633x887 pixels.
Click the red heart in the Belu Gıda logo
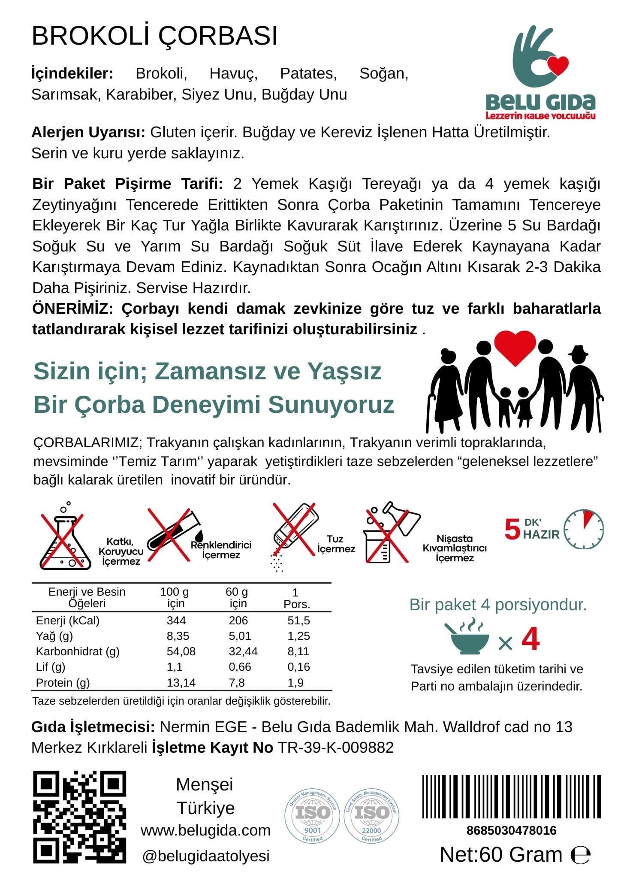(557, 65)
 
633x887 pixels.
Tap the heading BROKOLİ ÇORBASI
(154, 36)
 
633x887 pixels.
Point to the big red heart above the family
(515, 346)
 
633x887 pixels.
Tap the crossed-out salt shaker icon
(295, 532)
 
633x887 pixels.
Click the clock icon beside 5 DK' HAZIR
(583, 529)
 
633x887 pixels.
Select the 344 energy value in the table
(176, 621)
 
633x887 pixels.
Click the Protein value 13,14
(181, 683)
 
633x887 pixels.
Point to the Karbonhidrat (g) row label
(78, 651)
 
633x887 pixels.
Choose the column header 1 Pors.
(296, 598)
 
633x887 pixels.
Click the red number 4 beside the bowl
(531, 639)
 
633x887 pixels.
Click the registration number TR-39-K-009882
(336, 748)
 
